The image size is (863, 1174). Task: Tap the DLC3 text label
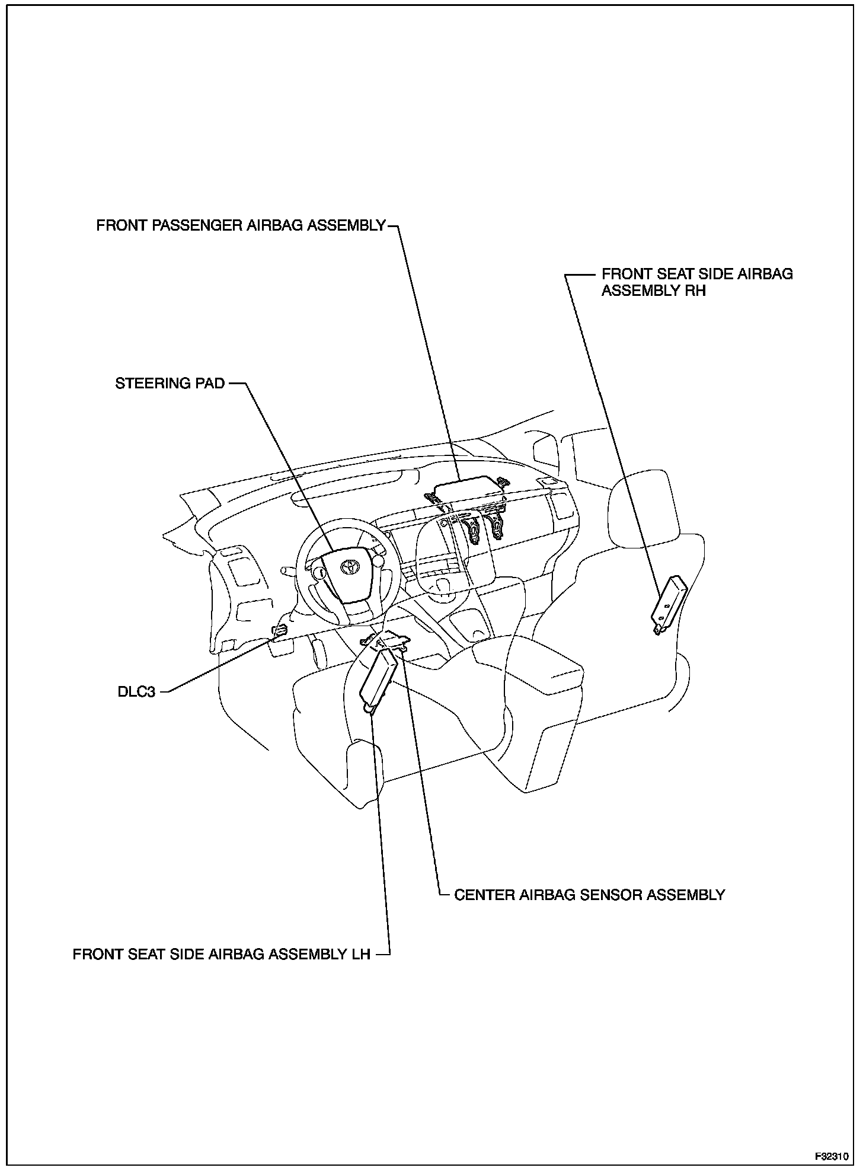coord(136,692)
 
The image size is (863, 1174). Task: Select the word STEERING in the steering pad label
coord(148,384)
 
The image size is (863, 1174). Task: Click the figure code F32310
coord(832,1157)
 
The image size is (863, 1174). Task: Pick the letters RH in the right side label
coord(696,291)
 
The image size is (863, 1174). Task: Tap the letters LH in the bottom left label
coord(359,954)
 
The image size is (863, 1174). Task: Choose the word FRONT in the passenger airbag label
coord(116,226)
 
